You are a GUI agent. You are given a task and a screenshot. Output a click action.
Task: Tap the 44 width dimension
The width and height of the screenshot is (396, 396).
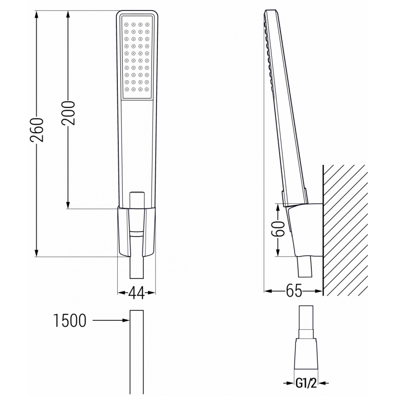136,293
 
